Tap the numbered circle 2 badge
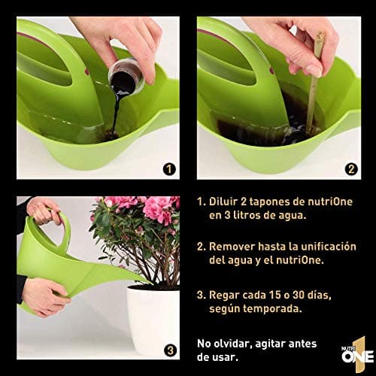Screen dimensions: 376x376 [x=351, y=168]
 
